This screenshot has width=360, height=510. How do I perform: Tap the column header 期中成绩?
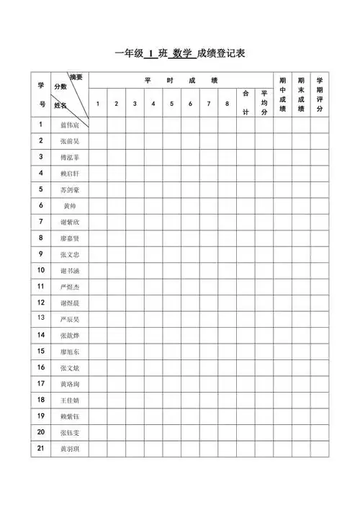tap(282, 94)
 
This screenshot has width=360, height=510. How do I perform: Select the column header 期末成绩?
tap(301, 94)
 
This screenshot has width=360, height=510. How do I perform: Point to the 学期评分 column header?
tap(320, 94)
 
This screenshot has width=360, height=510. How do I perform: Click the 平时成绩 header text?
tap(181, 80)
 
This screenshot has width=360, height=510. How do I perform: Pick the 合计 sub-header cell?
tap(246, 103)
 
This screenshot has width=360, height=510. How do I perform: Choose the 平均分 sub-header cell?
tap(264, 103)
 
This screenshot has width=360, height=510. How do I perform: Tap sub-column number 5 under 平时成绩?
tap(171, 104)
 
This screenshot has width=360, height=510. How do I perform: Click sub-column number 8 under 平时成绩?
tap(227, 104)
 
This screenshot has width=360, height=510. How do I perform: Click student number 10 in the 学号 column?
tap(41, 270)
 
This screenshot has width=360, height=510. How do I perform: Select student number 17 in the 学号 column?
tap(41, 383)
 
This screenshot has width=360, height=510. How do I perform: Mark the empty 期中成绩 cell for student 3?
tap(282, 157)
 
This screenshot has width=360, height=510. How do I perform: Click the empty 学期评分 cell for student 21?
tap(320, 449)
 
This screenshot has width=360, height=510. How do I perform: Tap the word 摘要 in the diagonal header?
tap(76, 77)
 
